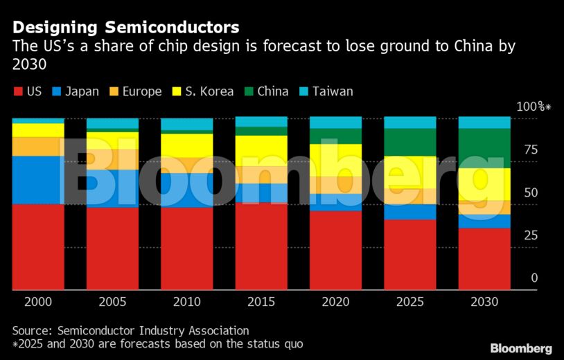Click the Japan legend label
pyautogui.click(x=82, y=91)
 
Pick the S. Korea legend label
pyautogui.click(x=209, y=91)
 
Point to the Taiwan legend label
pyautogui.click(x=333, y=91)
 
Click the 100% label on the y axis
pyautogui.click(x=532, y=107)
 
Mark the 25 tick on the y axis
pyautogui.click(x=531, y=235)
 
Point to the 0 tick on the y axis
pyautogui.click(x=534, y=278)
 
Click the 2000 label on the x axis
pyautogui.click(x=38, y=302)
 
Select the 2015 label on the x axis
pyautogui.click(x=261, y=302)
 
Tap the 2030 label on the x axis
pyautogui.click(x=484, y=302)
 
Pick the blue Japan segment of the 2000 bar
pyautogui.click(x=38, y=180)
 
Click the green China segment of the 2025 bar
pyautogui.click(x=410, y=142)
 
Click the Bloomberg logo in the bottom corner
pyautogui.click(x=521, y=348)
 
